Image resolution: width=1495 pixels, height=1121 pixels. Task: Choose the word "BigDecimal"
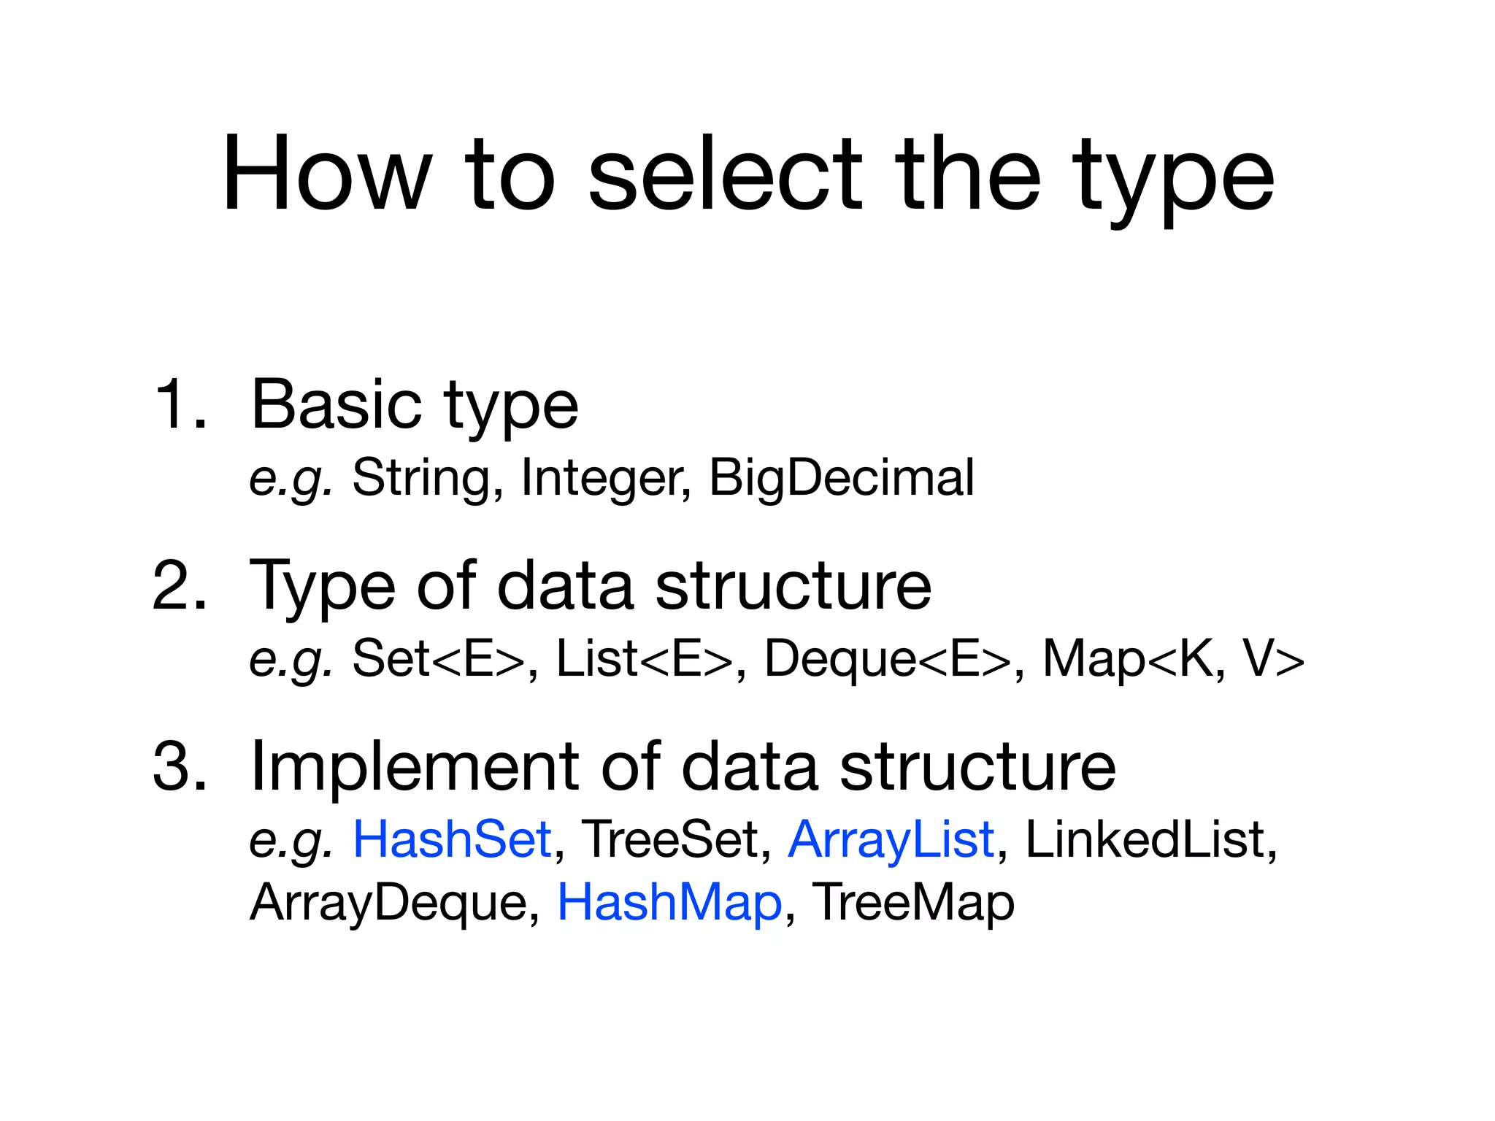[x=841, y=478]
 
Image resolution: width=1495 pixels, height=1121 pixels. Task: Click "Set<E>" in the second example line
[x=438, y=659]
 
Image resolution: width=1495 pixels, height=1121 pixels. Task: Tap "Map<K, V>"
[x=1172, y=659]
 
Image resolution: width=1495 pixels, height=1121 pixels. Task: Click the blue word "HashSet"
[x=452, y=839]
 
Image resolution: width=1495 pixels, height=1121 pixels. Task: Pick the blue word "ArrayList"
[x=891, y=839]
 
